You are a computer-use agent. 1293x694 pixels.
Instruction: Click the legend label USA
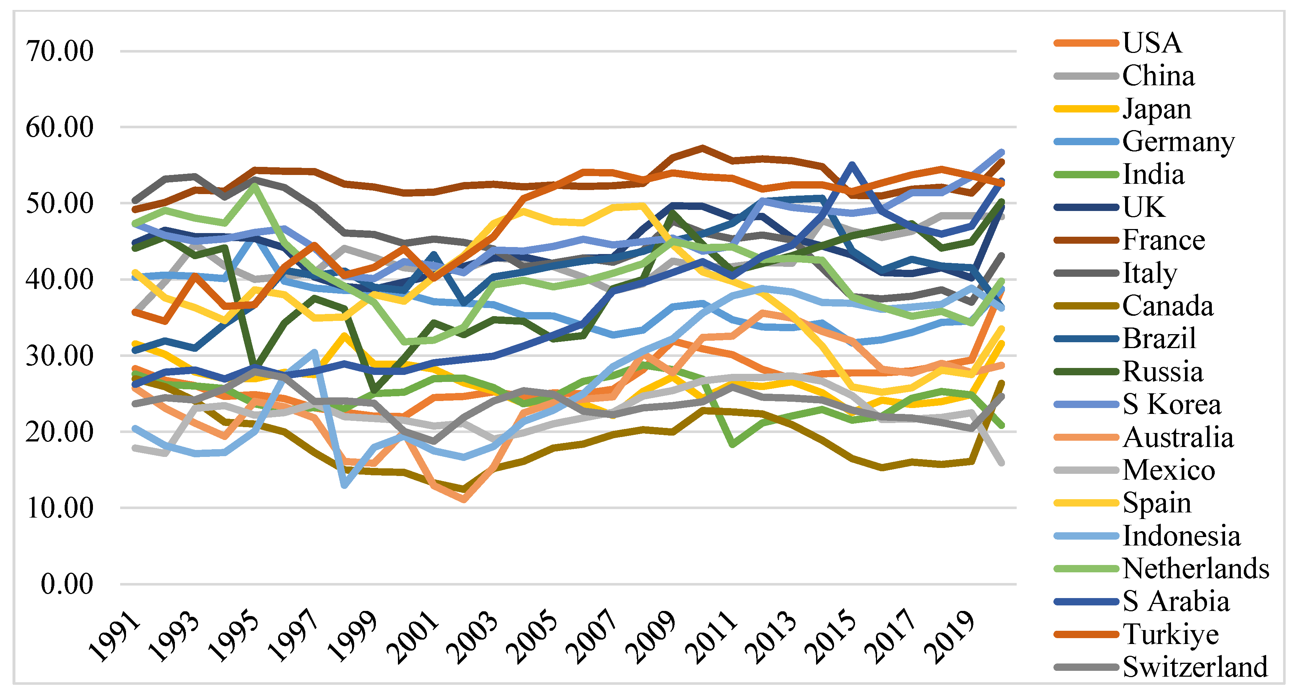pos(1152,43)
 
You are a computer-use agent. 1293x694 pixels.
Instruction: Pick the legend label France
pos(1164,240)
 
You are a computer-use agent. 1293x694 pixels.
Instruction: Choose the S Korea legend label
pos(1171,404)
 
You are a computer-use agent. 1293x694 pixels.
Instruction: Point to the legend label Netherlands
pos(1196,568)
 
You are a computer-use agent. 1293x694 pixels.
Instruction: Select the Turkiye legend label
pos(1171,634)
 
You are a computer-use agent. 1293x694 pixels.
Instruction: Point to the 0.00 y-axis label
pos(67,584)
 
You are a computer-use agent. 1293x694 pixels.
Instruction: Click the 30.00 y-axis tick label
pos(59,356)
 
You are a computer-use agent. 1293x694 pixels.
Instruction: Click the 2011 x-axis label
pos(712,637)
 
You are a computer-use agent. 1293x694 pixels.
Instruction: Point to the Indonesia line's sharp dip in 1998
pos(344,486)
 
